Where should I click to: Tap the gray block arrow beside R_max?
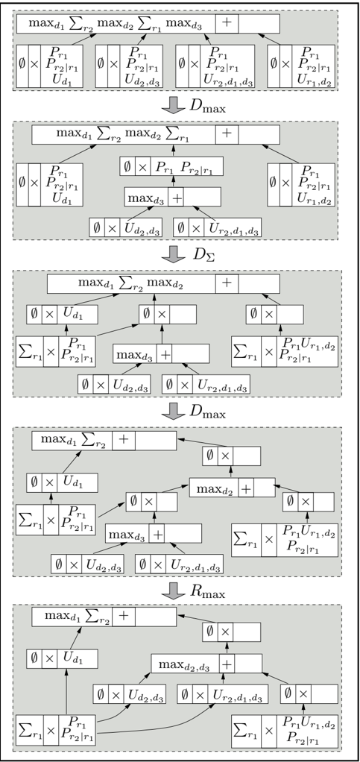(171, 591)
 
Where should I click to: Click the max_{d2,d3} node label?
(185, 664)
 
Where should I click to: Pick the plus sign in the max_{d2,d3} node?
(227, 663)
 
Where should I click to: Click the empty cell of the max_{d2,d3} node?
(248, 663)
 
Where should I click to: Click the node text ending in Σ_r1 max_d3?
(119, 23)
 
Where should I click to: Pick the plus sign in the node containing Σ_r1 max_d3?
(227, 23)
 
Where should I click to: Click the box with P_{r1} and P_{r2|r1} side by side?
(171, 166)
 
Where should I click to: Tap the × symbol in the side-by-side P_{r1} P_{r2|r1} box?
(142, 166)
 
